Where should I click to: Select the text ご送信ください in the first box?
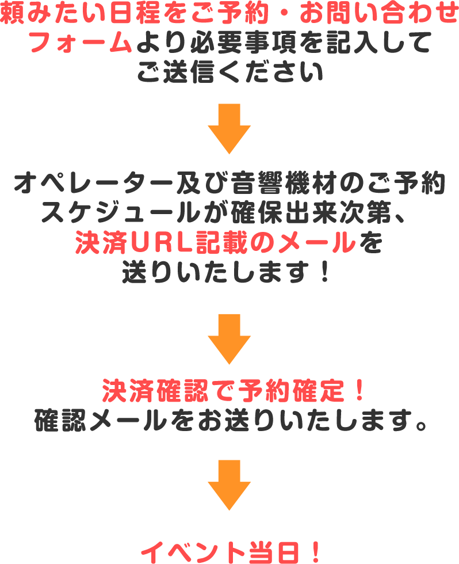click(x=229, y=74)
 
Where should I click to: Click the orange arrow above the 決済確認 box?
click(x=229, y=338)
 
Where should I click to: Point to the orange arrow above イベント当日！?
click(x=229, y=485)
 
